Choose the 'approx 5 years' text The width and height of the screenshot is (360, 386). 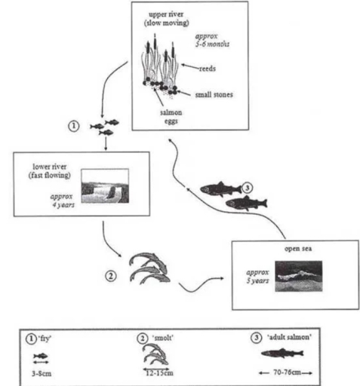coord(257,276)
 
